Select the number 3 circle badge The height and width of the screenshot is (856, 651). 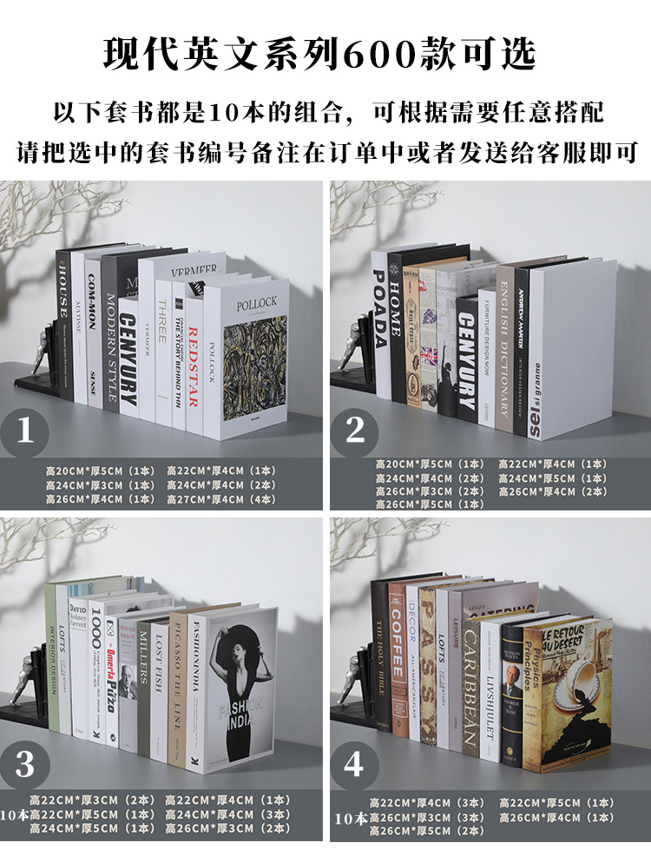[26, 764]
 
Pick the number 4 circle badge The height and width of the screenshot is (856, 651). [354, 764]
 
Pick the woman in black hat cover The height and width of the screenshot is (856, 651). [240, 686]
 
